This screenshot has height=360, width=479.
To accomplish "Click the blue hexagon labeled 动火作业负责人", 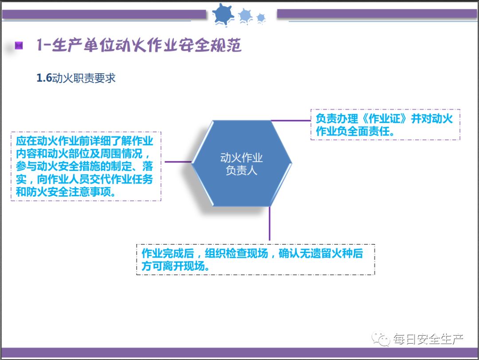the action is (242, 163).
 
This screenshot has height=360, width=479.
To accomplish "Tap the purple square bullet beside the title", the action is (19, 46).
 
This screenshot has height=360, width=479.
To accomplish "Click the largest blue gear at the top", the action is (223, 14).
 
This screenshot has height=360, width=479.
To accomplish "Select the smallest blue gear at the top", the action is (261, 18).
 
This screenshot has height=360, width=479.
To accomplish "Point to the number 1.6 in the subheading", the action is (44, 78).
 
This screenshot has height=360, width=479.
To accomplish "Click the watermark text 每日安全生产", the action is (428, 340).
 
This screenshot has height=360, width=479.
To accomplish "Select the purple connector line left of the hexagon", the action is (178, 162).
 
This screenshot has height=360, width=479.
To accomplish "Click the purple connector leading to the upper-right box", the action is (291, 120).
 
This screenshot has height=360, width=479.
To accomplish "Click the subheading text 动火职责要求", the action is (84, 78).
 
